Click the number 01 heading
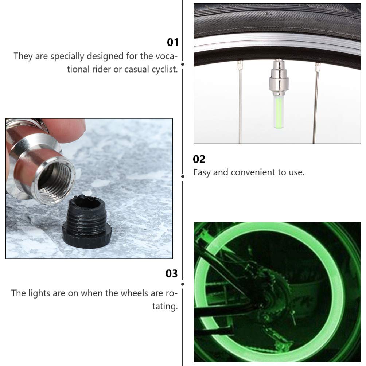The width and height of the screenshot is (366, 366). click(172, 42)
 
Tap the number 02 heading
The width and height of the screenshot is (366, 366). click(199, 159)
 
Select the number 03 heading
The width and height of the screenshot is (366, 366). click(172, 273)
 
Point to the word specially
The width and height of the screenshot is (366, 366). click(67, 57)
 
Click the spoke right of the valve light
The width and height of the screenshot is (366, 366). click(316, 103)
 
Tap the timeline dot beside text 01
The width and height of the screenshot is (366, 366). click(183, 64)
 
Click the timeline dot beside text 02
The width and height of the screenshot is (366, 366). click(183, 176)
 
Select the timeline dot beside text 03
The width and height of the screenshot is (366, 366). click(183, 284)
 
